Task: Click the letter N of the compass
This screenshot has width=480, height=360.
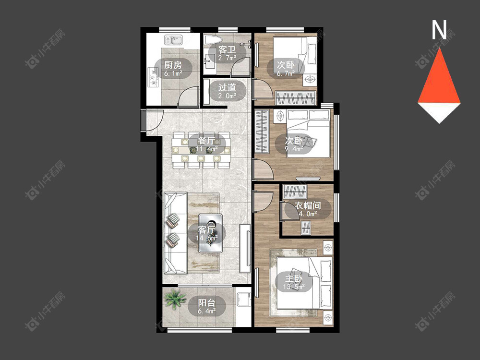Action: [x=439, y=30]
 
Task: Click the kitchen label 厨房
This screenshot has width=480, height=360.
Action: [x=173, y=65]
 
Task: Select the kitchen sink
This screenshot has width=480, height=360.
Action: [x=173, y=40]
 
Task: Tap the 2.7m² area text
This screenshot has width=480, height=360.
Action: [x=227, y=58]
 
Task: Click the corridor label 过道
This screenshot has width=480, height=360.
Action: [x=227, y=87]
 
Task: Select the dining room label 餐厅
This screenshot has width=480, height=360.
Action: [x=206, y=141]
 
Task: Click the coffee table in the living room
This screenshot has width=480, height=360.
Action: [x=210, y=233]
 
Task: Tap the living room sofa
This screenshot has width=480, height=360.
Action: [x=175, y=233]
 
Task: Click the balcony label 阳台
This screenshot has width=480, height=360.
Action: [x=206, y=303]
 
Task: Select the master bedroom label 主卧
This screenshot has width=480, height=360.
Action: [x=294, y=279]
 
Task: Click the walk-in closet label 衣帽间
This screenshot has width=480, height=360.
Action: [x=308, y=205]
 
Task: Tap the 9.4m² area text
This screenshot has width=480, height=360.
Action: [x=294, y=149]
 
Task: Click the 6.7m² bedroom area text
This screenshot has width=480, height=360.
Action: [x=286, y=73]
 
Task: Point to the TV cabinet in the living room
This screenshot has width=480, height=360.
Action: [x=245, y=248]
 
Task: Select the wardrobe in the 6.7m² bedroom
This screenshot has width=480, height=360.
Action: [x=296, y=98]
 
